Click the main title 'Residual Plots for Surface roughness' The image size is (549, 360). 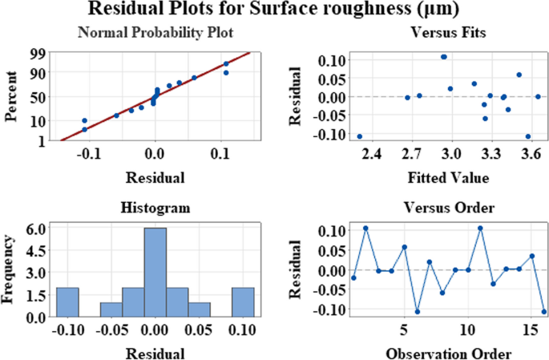click(x=274, y=11)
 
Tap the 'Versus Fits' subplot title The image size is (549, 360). click(x=440, y=33)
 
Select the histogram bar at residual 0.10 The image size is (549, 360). click(x=242, y=302)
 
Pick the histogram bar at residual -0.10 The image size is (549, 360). click(x=67, y=302)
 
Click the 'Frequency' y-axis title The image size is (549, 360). click(x=10, y=273)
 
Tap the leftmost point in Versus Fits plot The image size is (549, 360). click(x=359, y=136)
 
